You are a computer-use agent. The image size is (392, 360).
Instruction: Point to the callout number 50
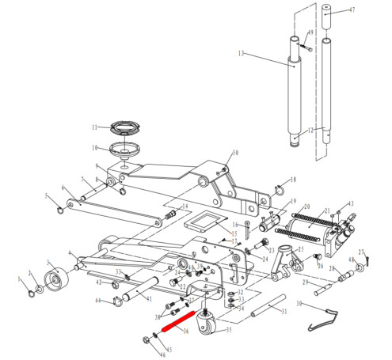click(235, 153)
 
